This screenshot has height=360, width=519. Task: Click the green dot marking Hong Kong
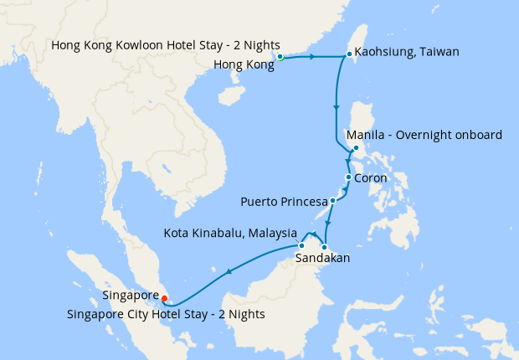click(280, 58)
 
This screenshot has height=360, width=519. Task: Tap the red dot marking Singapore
click(164, 297)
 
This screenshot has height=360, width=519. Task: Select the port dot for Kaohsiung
click(349, 55)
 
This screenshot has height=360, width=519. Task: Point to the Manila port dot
click(357, 149)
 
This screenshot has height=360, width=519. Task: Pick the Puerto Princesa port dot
click(332, 201)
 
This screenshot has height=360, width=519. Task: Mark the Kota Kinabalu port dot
click(301, 246)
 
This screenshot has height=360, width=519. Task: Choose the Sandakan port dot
click(324, 247)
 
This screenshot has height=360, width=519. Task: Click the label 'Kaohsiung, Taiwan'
click(407, 52)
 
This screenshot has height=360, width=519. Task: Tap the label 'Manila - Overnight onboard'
click(424, 136)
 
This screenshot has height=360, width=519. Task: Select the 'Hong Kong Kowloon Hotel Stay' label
click(165, 44)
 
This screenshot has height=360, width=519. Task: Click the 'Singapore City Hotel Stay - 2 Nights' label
click(166, 315)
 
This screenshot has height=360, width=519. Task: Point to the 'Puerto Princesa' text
click(283, 202)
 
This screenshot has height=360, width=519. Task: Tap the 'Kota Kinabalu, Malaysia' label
click(231, 232)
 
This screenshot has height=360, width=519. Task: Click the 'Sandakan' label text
click(322, 260)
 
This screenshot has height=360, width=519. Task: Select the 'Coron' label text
click(371, 178)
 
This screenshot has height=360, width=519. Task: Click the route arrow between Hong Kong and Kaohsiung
click(312, 57)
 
